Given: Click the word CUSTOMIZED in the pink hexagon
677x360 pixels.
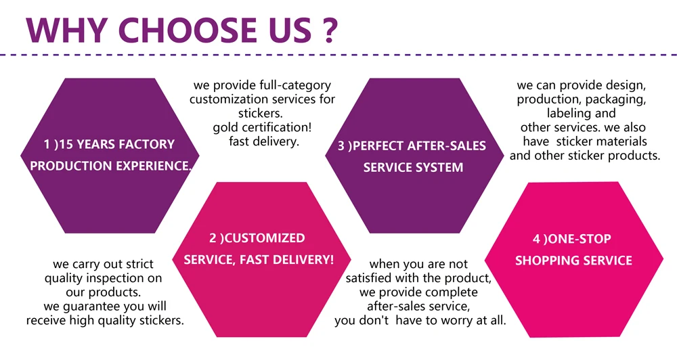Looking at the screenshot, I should [x=265, y=238].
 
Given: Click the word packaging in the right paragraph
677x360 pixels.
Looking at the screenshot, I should [x=614, y=99].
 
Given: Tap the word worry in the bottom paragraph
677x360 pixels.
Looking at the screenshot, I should [x=460, y=320].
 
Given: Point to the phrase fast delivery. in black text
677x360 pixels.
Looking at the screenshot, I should [x=263, y=141].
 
